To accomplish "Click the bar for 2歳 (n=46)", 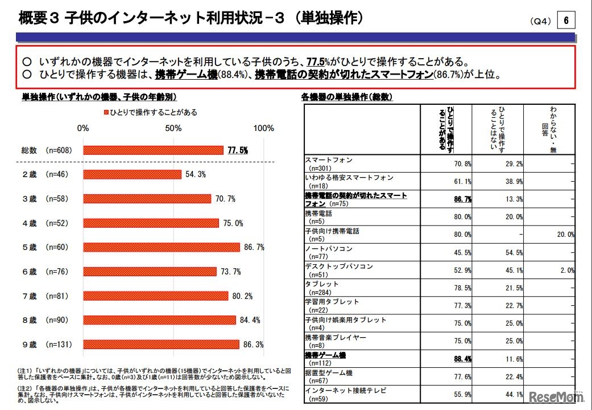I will pos(132,174).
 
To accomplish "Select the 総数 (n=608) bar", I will pos(153,150).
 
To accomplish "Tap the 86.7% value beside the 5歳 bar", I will pos(254,248).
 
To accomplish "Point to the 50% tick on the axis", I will pos(173,128).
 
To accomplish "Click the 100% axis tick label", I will pos(263,128).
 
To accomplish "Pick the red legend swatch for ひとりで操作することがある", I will pos(106,112).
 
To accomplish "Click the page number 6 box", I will pos(566,21).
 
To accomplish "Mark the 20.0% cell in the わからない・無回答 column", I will pos(564,235).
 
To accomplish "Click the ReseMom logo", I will pos(557,397).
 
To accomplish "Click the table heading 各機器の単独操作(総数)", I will pos(346,97).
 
